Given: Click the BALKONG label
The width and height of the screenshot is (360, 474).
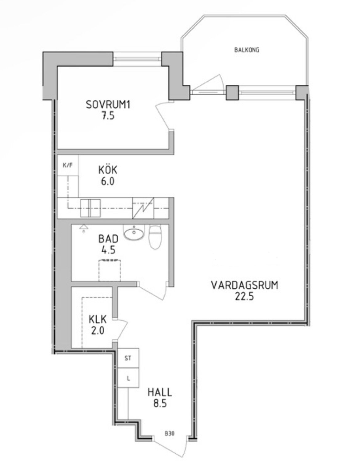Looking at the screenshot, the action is [x=247, y=50].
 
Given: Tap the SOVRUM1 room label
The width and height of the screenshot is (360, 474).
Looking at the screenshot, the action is [x=108, y=105].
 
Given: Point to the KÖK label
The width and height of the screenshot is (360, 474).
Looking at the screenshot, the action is [x=108, y=170].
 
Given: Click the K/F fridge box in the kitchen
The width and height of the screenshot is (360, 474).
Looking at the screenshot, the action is [x=68, y=165].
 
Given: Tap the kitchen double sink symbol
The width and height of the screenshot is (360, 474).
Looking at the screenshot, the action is [x=90, y=208].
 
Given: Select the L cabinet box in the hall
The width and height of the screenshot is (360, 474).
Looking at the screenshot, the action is [x=128, y=378].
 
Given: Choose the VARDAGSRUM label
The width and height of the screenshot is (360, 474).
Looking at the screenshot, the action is [x=245, y=285].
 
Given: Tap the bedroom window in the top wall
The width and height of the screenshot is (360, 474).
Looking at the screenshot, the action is [x=138, y=59].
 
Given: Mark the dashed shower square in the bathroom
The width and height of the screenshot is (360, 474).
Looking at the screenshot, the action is [x=110, y=271].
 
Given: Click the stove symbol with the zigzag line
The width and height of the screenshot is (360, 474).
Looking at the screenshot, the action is [x=143, y=208].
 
